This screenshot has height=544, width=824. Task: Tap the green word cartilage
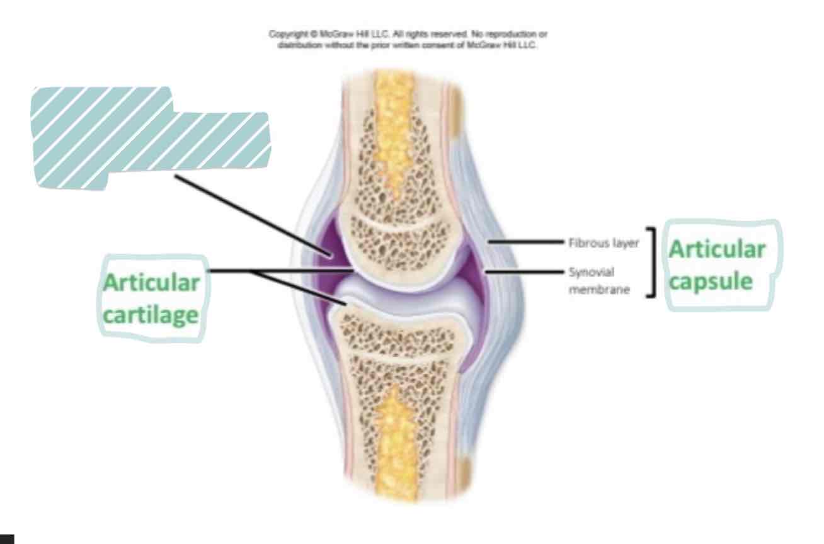[x=151, y=315]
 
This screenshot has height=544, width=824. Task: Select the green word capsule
[x=711, y=281]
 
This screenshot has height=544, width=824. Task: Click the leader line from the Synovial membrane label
[x=523, y=272]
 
